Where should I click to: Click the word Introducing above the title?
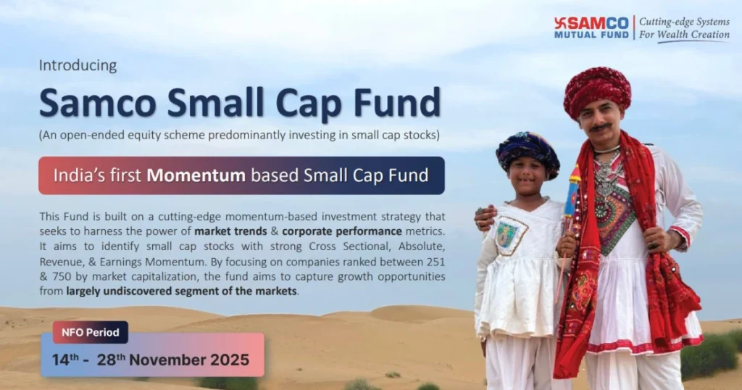(x=78, y=65)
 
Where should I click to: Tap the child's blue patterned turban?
(x=528, y=151)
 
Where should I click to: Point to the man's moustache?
(x=600, y=128)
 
